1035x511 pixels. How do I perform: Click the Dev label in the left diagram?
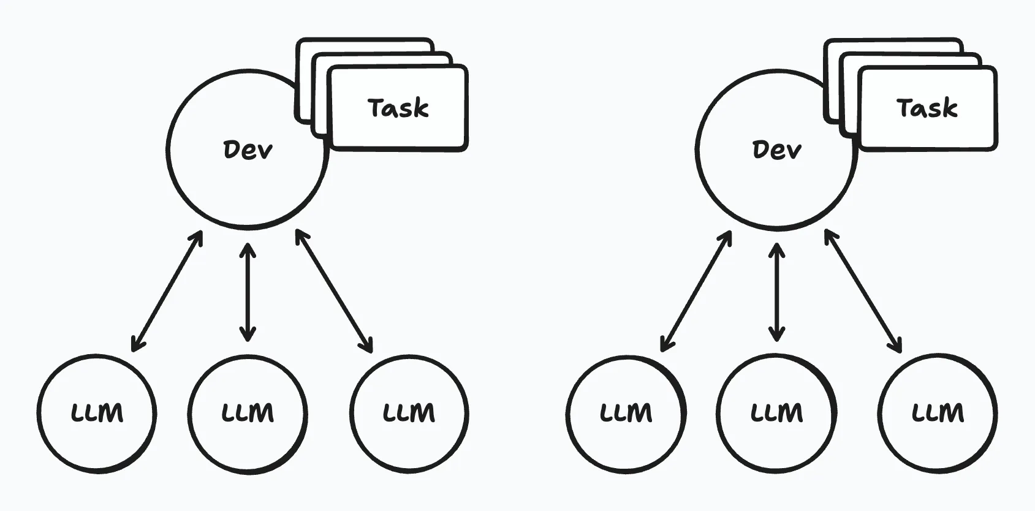click(248, 150)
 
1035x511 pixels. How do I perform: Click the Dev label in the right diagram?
click(776, 150)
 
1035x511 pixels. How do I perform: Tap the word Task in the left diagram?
click(398, 108)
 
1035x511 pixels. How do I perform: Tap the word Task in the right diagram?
click(927, 108)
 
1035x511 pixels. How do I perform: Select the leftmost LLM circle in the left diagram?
click(97, 413)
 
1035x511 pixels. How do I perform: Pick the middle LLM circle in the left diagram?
click(248, 413)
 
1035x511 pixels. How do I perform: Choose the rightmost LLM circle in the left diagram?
click(409, 413)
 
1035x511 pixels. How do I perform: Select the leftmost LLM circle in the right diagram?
click(626, 413)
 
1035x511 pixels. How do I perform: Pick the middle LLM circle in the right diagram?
click(776, 413)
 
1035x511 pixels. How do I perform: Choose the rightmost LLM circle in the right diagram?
click(938, 413)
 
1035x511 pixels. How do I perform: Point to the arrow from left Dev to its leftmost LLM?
click(167, 292)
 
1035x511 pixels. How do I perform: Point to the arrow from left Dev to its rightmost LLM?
click(335, 292)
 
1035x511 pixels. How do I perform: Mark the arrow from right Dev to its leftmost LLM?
click(696, 292)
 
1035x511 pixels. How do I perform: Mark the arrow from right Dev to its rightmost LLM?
click(863, 292)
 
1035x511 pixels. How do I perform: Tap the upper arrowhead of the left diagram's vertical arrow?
click(248, 248)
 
